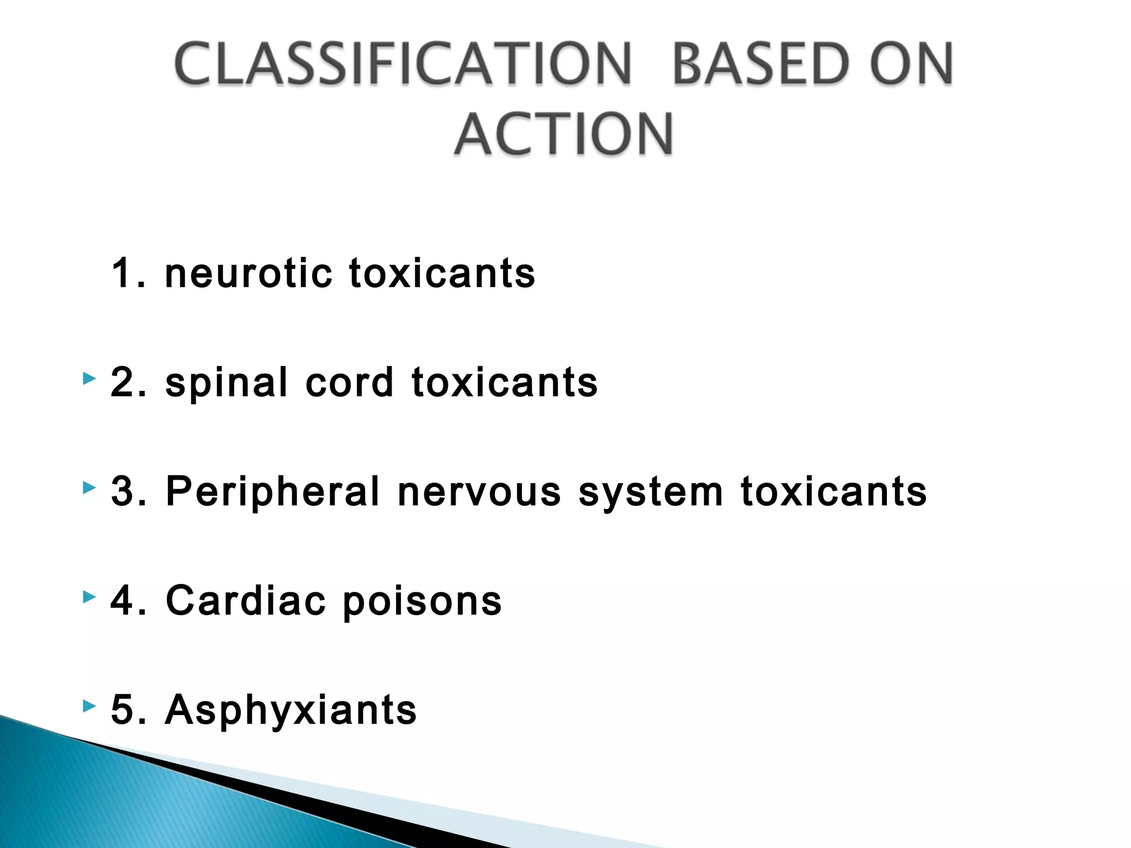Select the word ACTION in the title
coord(564,134)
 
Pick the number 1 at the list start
coord(123,273)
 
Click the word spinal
coord(226,382)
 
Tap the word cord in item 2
coord(349,382)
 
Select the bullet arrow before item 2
coord(89,379)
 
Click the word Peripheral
coord(273,491)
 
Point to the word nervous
coord(479,491)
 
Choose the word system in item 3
coord(651,491)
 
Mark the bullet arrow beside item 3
coord(89,488)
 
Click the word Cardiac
coord(246,601)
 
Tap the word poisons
coord(422,601)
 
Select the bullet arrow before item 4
coord(89,597)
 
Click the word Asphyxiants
coord(291,710)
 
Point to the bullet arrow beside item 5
coord(89,706)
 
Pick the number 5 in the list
coord(123,710)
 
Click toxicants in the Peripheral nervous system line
coord(834,491)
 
